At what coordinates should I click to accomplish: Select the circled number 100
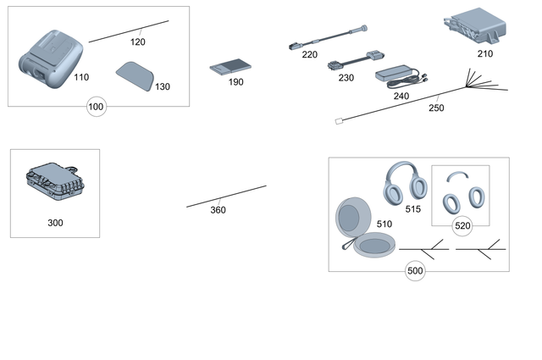pyautogui.click(x=97, y=108)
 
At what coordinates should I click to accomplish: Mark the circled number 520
pyautogui.click(x=462, y=225)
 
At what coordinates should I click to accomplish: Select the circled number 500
pyautogui.click(x=415, y=271)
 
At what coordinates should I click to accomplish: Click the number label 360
pyautogui.click(x=218, y=210)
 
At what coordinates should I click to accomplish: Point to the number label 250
pyautogui.click(x=436, y=108)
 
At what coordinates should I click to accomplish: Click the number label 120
pyautogui.click(x=137, y=42)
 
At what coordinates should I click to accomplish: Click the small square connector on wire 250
pyautogui.click(x=340, y=121)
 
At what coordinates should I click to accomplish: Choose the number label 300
pyautogui.click(x=55, y=223)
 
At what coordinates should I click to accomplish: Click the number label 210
pyautogui.click(x=484, y=53)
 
